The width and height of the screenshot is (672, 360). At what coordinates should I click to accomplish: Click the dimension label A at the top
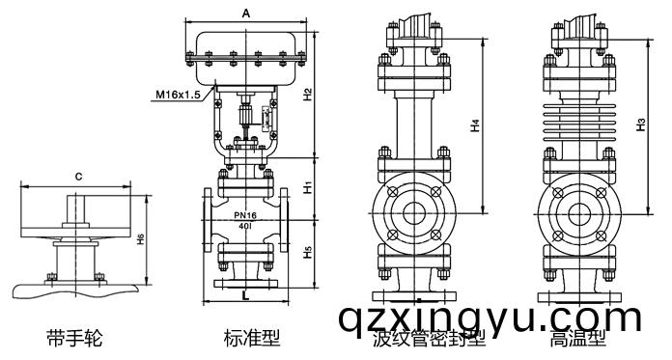(x=246, y=13)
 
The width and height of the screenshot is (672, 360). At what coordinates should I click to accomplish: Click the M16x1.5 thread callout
(x=177, y=95)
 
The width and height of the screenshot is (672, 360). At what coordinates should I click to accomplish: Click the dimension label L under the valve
(x=245, y=295)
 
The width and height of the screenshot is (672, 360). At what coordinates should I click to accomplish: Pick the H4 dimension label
(x=474, y=125)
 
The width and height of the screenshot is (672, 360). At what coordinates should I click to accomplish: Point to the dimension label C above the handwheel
(x=77, y=177)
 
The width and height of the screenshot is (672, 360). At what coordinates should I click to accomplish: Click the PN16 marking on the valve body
(x=244, y=214)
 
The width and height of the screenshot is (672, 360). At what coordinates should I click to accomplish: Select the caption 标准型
(x=251, y=338)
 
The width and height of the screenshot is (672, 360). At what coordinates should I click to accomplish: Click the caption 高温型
(x=577, y=340)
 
